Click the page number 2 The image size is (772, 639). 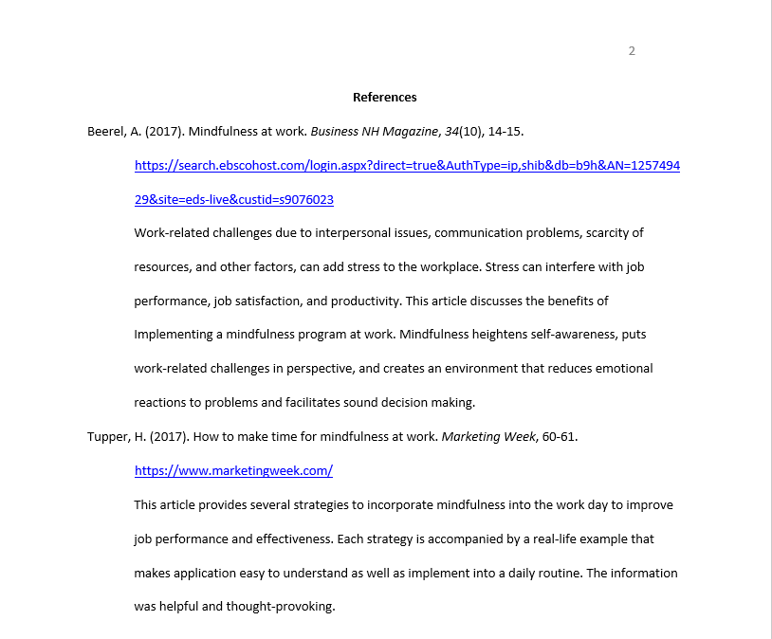tap(632, 51)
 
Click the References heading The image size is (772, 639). tap(384, 97)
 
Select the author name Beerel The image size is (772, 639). tap(106, 131)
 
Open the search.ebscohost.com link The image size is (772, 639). tap(407, 165)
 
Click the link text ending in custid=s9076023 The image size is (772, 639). tap(233, 199)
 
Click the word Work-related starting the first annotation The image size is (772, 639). tap(169, 233)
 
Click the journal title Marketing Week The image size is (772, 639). tap(485, 437)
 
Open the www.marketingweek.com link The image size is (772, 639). tap(233, 471)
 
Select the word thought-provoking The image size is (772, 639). tap(280, 607)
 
